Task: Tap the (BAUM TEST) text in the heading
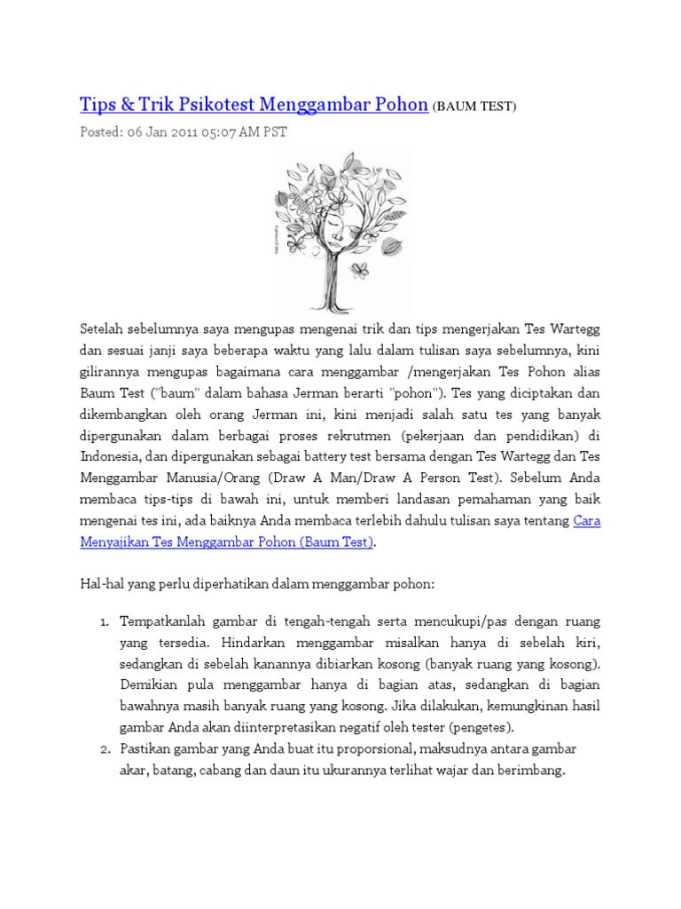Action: coord(474,107)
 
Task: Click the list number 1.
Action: coord(104,621)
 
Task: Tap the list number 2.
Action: coord(103,749)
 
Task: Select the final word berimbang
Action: coord(534,771)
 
